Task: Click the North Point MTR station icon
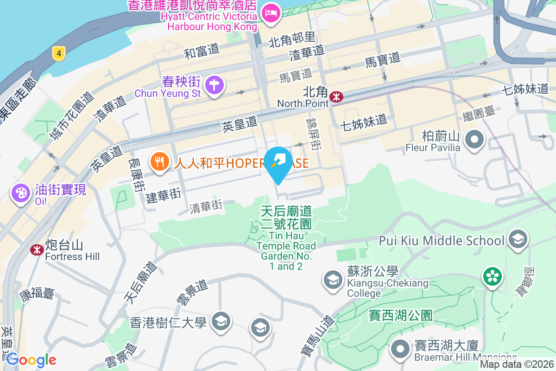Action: coord(336,96)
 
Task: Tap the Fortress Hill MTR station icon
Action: coord(36,249)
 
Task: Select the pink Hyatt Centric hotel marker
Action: coord(270,13)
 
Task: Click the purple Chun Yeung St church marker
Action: coord(214,85)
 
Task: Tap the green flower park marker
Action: coord(492,276)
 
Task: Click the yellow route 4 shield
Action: coord(58,53)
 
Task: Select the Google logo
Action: coord(31,360)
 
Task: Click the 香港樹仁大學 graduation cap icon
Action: coord(221,321)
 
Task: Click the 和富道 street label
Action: coord(202,51)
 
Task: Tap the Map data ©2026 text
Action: coord(517,365)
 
